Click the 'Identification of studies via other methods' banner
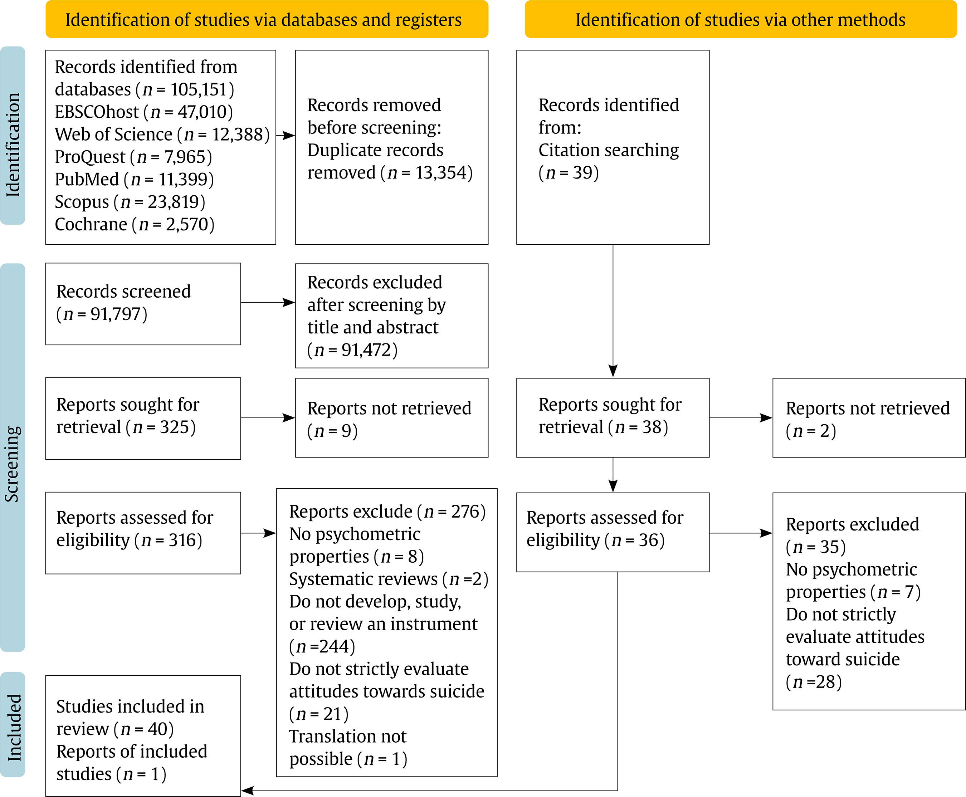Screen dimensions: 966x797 pos(741,19)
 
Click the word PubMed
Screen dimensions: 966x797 pos(87,179)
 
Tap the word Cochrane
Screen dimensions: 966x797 pos(91,224)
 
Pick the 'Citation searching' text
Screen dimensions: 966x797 pos(608,150)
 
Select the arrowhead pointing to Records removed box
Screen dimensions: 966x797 pos(289,136)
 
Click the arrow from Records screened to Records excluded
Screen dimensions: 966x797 pos(268,303)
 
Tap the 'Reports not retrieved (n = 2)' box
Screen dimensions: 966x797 pos(869,418)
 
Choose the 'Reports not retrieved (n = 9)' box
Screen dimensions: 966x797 pos(392,418)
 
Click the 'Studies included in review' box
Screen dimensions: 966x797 pos(143,735)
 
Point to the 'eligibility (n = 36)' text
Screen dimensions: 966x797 pos(595,541)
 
